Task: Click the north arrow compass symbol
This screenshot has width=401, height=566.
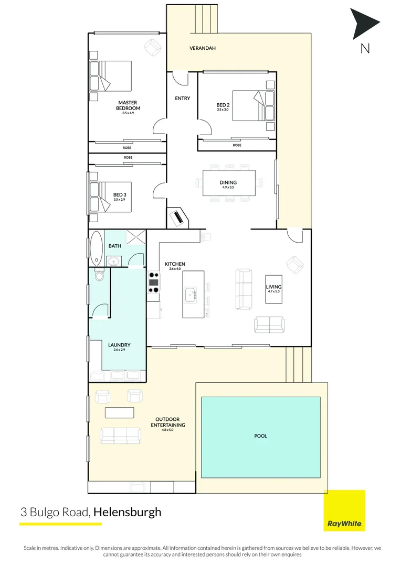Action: [364, 24]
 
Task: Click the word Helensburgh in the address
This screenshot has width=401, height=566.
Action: [128, 512]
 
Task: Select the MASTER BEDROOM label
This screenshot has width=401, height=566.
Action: [129, 105]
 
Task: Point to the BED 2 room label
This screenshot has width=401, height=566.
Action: [223, 104]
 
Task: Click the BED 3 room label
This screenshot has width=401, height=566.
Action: [120, 194]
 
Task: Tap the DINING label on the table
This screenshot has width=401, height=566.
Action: [228, 183]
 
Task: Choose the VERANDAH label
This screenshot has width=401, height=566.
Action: [203, 48]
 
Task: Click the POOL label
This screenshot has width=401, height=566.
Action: [260, 436]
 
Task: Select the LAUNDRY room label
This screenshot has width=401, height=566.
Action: [119, 345]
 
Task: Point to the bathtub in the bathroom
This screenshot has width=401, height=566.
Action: [97, 248]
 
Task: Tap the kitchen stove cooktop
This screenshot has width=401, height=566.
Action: [154, 282]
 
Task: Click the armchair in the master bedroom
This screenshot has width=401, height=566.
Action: [153, 48]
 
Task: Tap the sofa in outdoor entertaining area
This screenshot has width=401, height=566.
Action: [121, 434]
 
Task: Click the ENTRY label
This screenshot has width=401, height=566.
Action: [183, 99]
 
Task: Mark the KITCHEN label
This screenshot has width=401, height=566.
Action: [175, 264]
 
